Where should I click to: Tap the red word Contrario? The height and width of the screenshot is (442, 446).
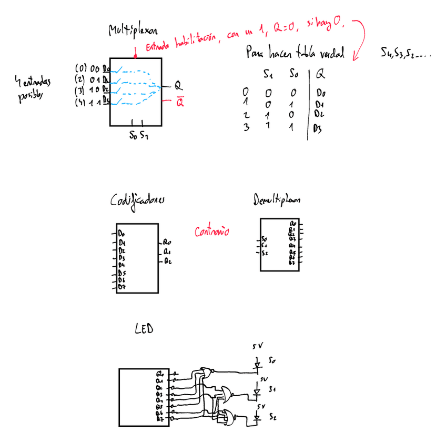pos(212,231)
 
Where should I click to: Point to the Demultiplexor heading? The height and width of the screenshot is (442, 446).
pos(277,200)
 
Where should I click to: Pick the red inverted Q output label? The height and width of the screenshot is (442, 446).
pos(180,103)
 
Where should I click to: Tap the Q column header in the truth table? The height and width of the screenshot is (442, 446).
pos(320,75)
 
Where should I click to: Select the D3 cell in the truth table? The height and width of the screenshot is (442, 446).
pos(317,128)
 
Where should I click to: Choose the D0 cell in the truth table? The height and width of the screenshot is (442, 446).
pos(321,94)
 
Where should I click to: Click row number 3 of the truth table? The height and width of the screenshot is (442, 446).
pos(246,126)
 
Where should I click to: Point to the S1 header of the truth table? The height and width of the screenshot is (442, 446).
pos(268,75)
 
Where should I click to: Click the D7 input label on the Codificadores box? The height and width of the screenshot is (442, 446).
pos(121,287)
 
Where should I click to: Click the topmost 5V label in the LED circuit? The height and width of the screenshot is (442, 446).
pos(258,346)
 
